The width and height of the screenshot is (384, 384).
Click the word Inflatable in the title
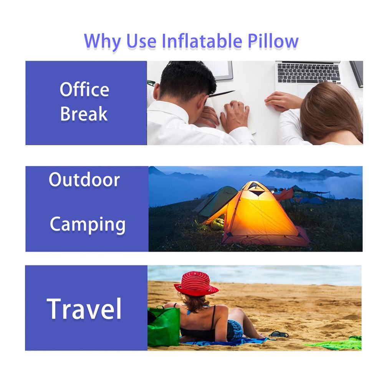[202, 41]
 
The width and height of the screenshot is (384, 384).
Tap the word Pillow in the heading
[273, 41]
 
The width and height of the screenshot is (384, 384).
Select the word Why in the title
[102, 41]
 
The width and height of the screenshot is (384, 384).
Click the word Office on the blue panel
[84, 89]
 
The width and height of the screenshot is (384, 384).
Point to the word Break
[84, 114]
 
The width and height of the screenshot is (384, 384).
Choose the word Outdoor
[84, 179]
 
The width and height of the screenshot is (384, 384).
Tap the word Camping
[88, 225]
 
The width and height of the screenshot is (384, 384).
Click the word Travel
[84, 309]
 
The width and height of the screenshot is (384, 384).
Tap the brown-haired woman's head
[331, 112]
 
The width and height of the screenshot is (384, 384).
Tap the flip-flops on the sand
[279, 334]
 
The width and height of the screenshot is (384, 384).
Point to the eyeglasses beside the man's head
[151, 83]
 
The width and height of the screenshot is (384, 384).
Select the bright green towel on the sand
[336, 343]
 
